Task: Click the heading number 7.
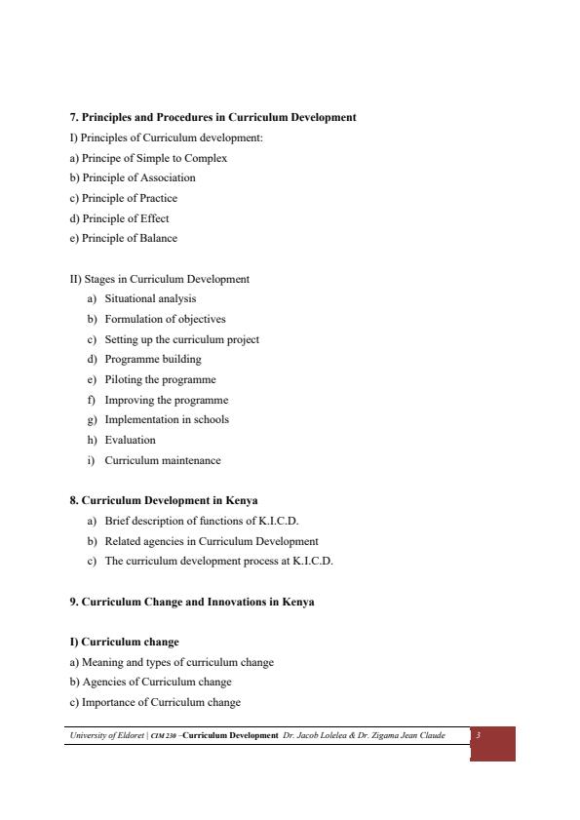pyautogui.click(x=73, y=117)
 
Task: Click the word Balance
pyautogui.click(x=159, y=238)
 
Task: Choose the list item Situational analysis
pyautogui.click(x=150, y=298)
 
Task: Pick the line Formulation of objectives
pyautogui.click(x=165, y=319)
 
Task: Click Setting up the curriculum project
pyautogui.click(x=181, y=339)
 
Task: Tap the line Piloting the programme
pyautogui.click(x=160, y=379)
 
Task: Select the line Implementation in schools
pyautogui.click(x=167, y=419)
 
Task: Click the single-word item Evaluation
pyautogui.click(x=130, y=440)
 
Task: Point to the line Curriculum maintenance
pyautogui.click(x=163, y=460)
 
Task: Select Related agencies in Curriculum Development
pyautogui.click(x=212, y=540)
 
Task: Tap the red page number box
pyautogui.click(x=492, y=743)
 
